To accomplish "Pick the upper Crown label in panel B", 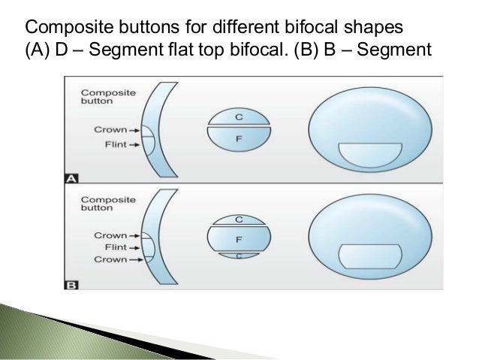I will [110, 234].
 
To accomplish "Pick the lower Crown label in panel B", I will [110, 259].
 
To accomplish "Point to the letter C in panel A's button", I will [239, 118].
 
